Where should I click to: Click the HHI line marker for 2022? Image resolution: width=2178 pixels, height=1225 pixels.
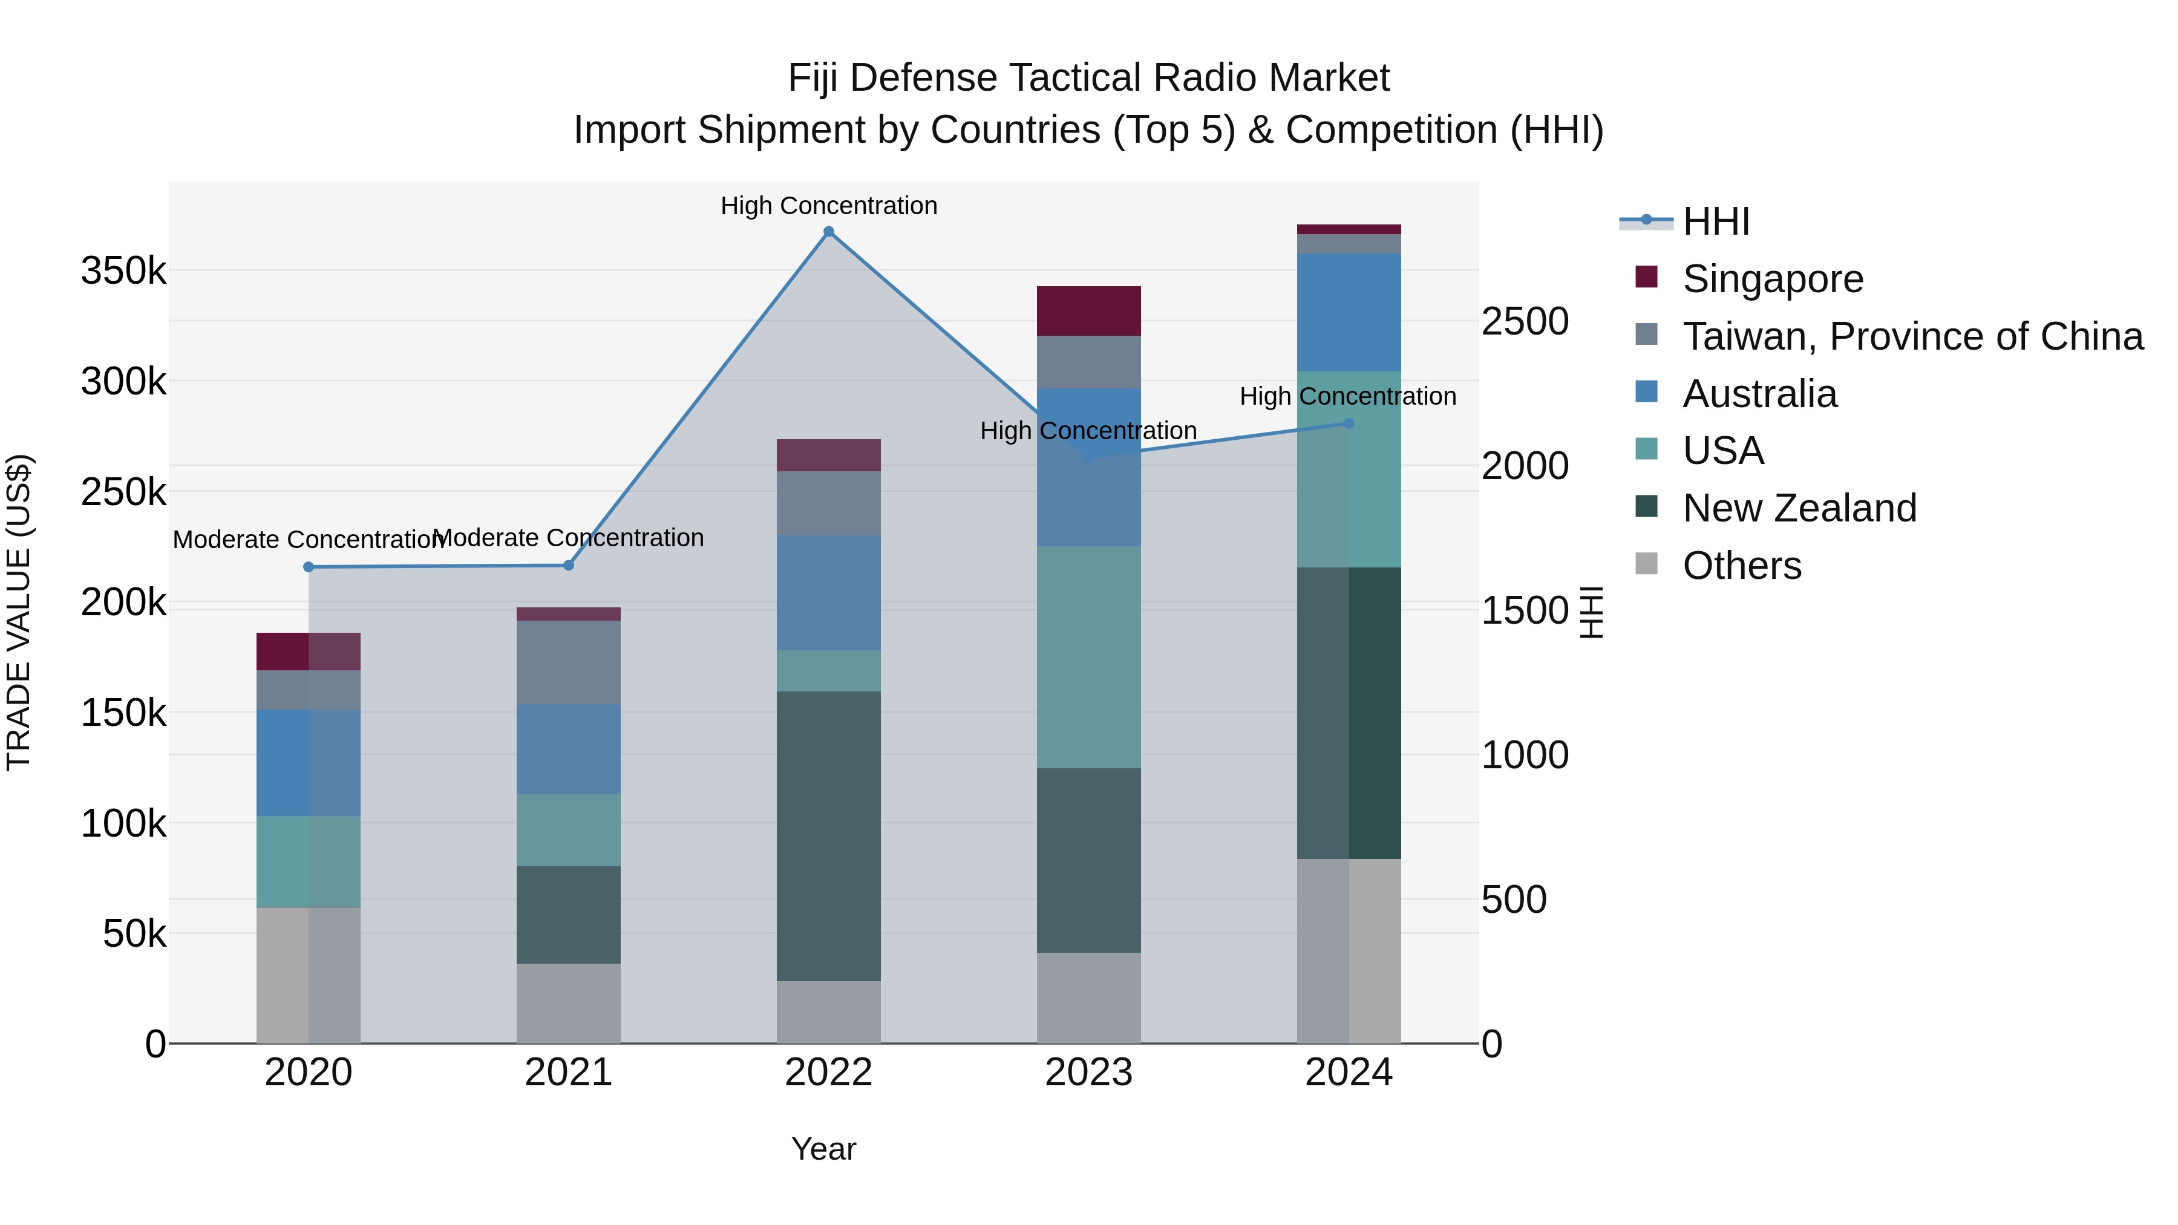point(829,232)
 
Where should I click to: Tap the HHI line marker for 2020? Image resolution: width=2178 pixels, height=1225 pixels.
point(309,567)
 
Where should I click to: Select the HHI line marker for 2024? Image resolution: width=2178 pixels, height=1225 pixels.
point(1349,423)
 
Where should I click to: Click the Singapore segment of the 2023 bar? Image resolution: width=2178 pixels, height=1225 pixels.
point(1089,311)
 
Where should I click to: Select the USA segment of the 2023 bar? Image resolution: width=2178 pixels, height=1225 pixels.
point(1089,657)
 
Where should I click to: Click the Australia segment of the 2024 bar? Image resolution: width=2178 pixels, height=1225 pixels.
point(1349,312)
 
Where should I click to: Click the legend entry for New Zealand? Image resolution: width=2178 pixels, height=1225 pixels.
point(1799,508)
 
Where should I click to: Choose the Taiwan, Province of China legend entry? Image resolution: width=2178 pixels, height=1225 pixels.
point(1912,336)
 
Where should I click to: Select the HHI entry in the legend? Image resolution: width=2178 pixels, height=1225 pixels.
point(1716,221)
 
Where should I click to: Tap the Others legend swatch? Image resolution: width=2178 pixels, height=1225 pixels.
point(1646,563)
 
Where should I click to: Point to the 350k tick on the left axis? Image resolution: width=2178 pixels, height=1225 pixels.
point(123,272)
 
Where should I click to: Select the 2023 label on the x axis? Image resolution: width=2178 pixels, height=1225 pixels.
point(1089,1073)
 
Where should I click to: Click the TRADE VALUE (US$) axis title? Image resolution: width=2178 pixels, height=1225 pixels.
point(19,612)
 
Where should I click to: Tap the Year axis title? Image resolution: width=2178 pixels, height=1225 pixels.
point(823,1149)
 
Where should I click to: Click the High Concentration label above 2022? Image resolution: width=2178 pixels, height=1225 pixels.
point(829,206)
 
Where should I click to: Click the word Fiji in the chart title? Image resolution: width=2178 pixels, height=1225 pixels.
point(814,78)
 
